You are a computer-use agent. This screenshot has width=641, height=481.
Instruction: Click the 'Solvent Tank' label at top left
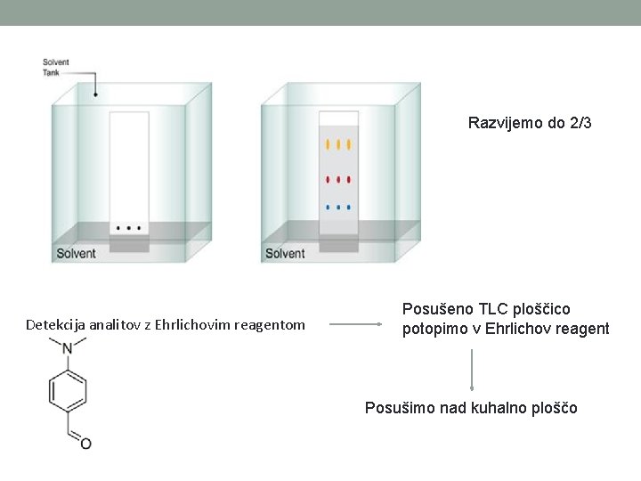[55, 67]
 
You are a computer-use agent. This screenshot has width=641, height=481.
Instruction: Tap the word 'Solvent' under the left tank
[77, 254]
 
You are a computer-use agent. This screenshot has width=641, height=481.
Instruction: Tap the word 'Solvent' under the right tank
[285, 254]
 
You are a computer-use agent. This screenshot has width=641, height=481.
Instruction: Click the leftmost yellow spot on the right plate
[328, 143]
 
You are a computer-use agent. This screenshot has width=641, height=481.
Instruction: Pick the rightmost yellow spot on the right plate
[349, 143]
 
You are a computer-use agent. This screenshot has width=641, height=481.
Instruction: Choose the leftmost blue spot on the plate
[328, 207]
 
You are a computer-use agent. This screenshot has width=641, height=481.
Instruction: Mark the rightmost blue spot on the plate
[349, 207]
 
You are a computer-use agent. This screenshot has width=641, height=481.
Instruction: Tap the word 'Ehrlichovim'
[192, 325]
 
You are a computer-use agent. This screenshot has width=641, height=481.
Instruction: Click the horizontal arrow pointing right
[356, 325]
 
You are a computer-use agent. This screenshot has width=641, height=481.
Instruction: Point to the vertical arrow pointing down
[472, 370]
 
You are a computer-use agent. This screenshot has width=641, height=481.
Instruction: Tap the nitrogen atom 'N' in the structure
[68, 349]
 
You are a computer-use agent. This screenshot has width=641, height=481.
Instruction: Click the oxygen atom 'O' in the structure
[85, 444]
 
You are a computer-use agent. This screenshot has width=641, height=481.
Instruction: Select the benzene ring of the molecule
[68, 393]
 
